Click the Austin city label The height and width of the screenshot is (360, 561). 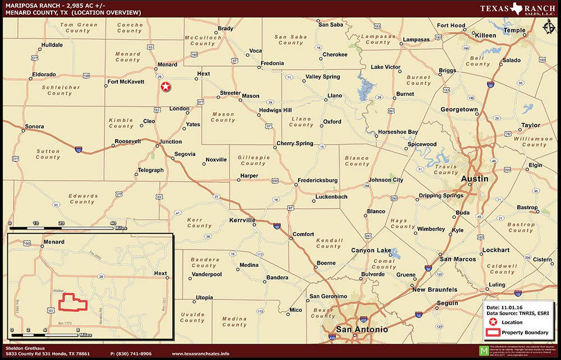(x=475, y=179)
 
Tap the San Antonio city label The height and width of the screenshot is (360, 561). (x=362, y=329)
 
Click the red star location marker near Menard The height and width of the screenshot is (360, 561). (x=165, y=86)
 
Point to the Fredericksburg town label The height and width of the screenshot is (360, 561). (x=318, y=181)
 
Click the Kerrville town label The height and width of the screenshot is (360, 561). (x=242, y=220)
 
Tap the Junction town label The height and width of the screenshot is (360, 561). (x=171, y=142)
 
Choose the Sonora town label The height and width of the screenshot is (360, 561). (x=34, y=127)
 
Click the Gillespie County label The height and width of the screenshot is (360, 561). (x=253, y=160)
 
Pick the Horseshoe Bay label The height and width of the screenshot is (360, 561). (x=398, y=132)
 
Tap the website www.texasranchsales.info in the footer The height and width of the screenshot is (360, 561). (x=200, y=354)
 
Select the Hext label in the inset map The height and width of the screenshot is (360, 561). (x=160, y=274)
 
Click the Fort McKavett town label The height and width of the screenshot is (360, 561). (x=126, y=82)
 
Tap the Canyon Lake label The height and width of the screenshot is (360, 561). (x=371, y=250)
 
